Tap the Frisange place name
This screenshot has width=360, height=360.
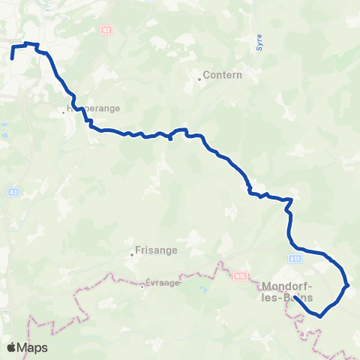tap(156, 251)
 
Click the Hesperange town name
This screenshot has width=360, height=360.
tap(93, 108)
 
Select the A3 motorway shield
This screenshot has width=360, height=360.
tap(13, 192)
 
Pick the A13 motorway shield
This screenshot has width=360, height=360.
tap(295, 257)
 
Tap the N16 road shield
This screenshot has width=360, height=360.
tap(241, 276)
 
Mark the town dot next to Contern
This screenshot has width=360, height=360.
tap(199, 78)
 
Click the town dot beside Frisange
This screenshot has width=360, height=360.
tap(132, 253)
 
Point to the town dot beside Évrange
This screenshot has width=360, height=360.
tap(142, 285)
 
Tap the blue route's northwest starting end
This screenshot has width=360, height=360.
tap(13, 57)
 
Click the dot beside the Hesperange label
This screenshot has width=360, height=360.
tap(64, 112)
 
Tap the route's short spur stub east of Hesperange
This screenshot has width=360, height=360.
tap(171, 139)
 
